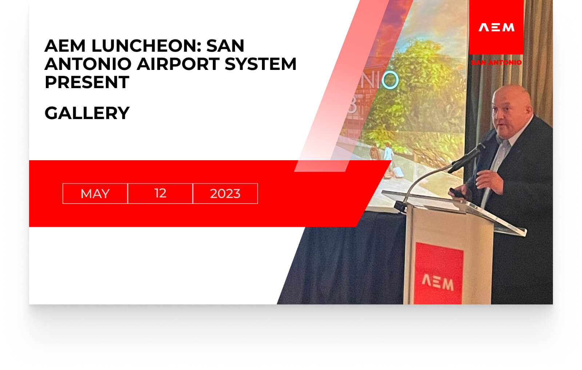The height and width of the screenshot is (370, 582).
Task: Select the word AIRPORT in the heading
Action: [178, 64]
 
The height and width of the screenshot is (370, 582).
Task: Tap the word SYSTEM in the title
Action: [260, 64]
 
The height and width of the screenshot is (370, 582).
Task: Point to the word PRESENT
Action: [87, 82]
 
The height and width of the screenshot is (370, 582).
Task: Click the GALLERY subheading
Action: [87, 113]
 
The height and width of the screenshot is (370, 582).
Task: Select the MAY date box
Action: [95, 194]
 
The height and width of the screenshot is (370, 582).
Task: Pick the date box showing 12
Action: [160, 194]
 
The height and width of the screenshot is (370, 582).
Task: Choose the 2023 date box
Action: [225, 194]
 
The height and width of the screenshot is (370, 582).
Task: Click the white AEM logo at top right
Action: [496, 27]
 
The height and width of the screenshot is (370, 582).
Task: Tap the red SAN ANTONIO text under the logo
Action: [496, 62]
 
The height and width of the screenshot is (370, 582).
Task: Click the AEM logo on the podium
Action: [438, 283]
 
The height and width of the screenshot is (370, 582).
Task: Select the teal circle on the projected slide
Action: [390, 80]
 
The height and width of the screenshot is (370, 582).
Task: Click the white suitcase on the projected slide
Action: [398, 172]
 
